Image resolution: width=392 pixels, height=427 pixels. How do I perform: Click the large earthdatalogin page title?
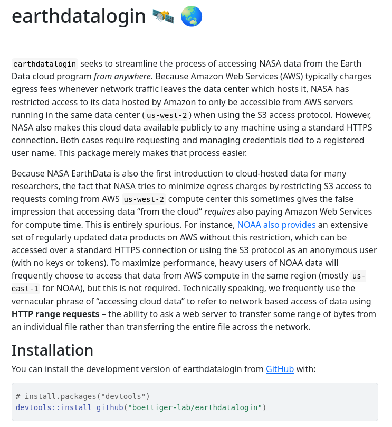[x=79, y=16]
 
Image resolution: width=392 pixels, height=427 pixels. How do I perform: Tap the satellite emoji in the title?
[x=163, y=17]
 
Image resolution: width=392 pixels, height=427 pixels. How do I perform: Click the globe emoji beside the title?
[x=192, y=17]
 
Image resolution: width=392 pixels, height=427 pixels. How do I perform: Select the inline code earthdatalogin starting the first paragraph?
[x=45, y=64]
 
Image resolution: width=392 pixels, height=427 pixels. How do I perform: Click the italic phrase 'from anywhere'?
[x=122, y=77]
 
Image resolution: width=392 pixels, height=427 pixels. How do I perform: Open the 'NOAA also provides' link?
[x=276, y=225]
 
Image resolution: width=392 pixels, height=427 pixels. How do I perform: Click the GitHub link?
[x=280, y=369]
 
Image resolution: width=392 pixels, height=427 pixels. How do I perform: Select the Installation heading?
[x=52, y=350]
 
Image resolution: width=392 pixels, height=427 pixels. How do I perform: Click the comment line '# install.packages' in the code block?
[x=83, y=396]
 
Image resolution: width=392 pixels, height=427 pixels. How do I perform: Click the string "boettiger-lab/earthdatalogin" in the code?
[x=195, y=407]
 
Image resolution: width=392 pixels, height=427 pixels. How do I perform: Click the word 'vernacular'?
[x=35, y=301]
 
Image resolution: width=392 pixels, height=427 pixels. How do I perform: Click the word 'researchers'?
[x=36, y=187]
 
